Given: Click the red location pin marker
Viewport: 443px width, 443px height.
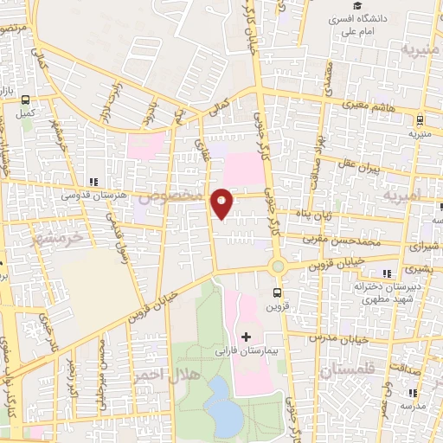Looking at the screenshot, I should [222, 202].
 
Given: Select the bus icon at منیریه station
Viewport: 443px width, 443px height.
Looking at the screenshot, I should [420, 120].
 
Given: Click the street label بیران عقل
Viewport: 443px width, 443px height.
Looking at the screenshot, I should [362, 164].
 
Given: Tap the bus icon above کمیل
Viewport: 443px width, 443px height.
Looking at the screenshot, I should [25, 100].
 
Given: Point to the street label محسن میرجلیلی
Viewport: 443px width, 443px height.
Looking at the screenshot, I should [102, 364].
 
